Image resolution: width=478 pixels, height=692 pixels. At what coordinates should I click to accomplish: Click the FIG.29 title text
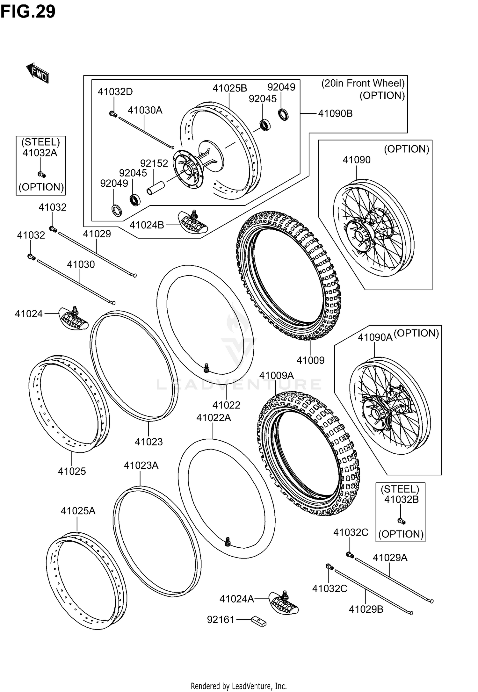28,12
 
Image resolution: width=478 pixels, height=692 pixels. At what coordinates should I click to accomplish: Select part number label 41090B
335,114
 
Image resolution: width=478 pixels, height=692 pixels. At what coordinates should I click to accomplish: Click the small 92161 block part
258,622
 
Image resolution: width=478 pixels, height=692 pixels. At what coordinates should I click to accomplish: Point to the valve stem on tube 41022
206,367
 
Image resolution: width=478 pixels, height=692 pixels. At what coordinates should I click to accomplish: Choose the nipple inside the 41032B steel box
402,521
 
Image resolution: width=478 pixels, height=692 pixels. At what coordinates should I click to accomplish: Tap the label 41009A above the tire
276,376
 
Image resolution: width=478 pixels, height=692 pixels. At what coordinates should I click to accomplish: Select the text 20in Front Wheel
363,83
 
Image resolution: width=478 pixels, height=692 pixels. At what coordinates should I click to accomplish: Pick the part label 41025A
78,511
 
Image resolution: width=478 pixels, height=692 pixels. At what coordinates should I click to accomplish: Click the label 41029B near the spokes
366,609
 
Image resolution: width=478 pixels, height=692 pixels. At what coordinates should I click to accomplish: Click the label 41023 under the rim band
148,442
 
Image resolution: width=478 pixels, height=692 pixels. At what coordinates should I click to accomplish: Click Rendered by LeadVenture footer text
239,686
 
